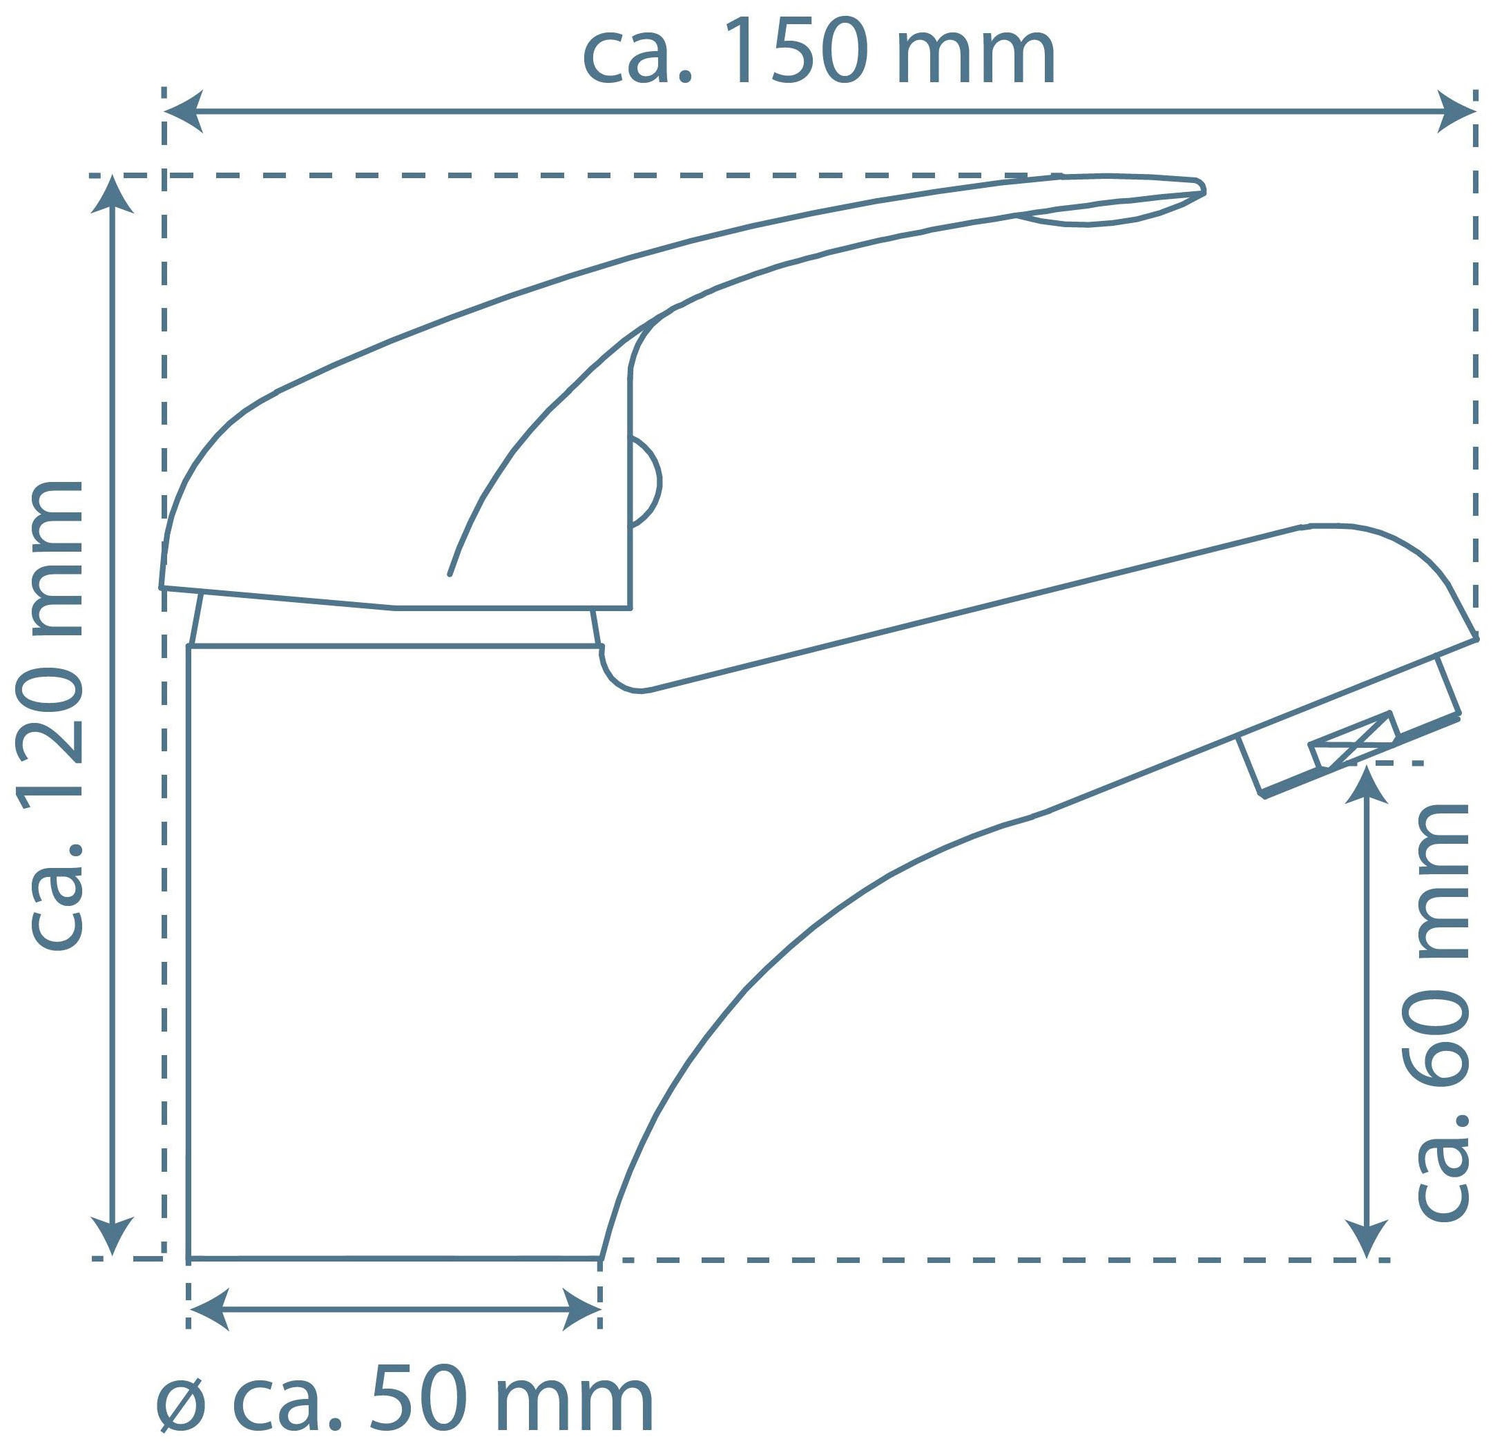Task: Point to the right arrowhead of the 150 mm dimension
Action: pyautogui.click(x=1456, y=111)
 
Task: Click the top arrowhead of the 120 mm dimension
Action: pyautogui.click(x=113, y=195)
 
